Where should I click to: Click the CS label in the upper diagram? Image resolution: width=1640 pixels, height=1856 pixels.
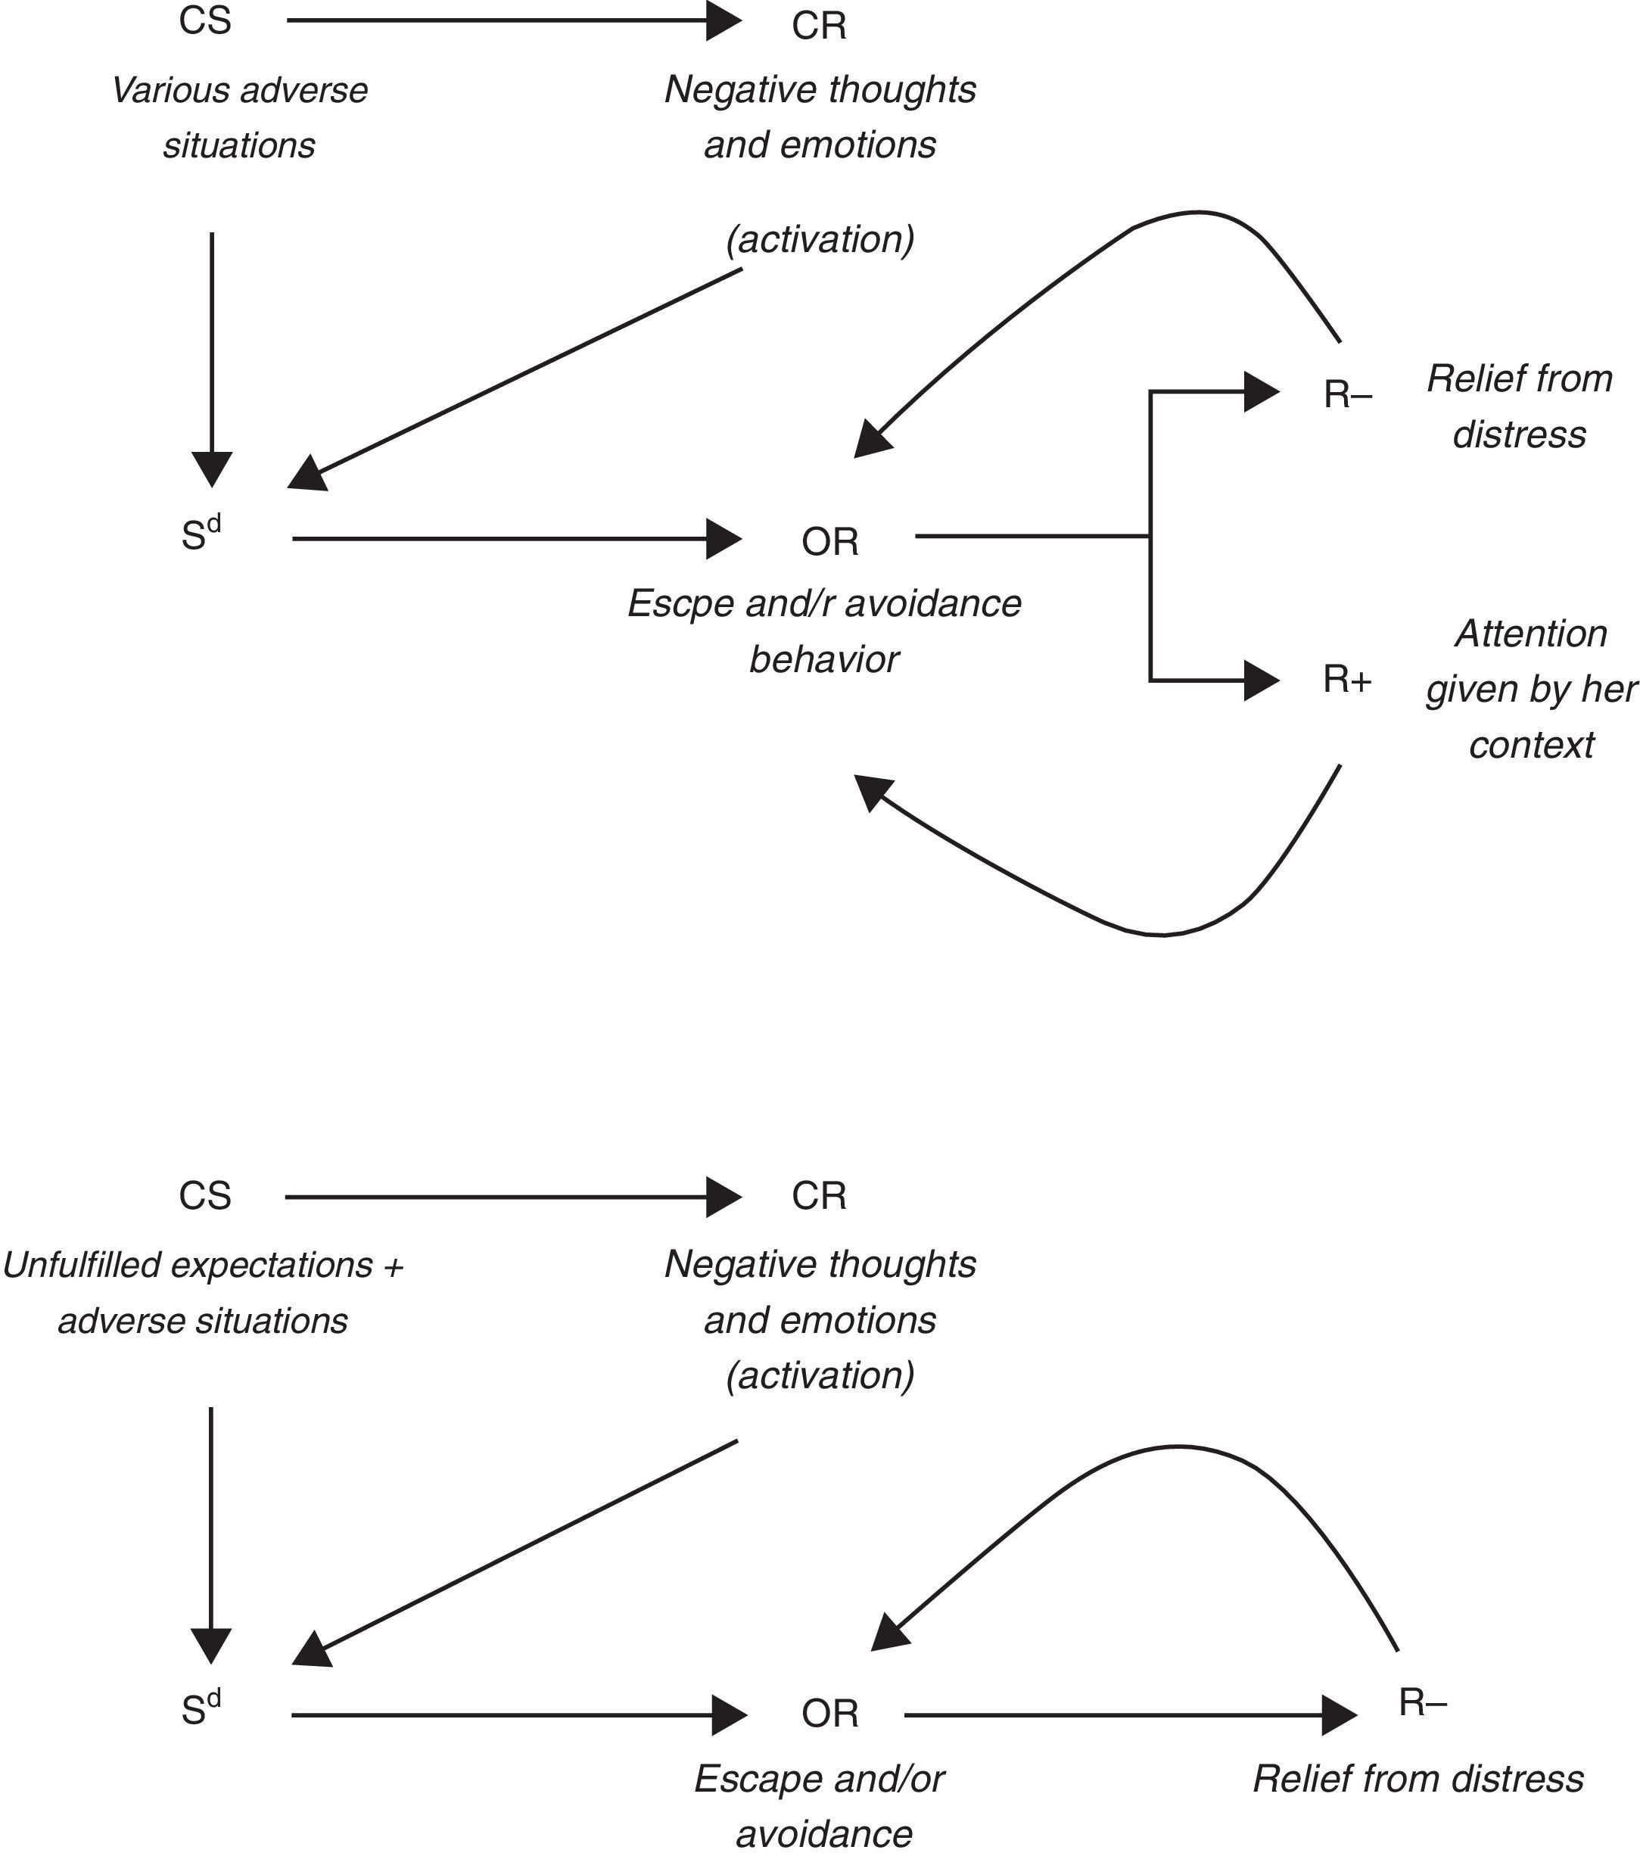coord(205,21)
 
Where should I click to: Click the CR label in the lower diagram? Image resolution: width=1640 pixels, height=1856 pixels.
coord(818,1196)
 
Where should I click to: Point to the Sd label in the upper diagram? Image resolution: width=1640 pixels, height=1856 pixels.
coord(201,535)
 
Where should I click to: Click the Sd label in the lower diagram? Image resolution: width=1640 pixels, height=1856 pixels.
coord(201,1709)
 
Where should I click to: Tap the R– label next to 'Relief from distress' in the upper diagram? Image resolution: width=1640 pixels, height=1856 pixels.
coord(1348,395)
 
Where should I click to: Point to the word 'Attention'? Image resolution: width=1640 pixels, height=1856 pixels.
coord(1531,634)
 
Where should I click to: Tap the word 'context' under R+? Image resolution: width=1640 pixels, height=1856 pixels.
coord(1531,746)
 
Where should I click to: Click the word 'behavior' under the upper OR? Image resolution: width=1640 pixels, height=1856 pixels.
coord(823,660)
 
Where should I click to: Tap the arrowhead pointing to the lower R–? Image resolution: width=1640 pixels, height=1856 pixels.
coord(1340,1714)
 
